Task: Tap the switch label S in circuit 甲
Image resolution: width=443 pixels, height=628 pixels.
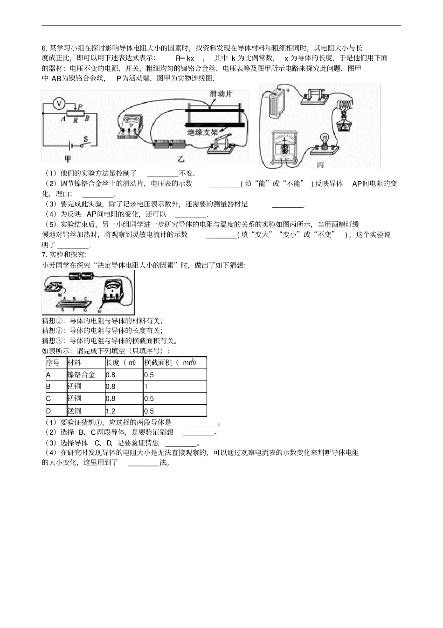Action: coord(86,139)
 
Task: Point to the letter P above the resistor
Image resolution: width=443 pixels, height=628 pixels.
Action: coord(80,107)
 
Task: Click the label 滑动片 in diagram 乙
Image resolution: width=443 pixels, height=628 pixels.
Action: coord(221,93)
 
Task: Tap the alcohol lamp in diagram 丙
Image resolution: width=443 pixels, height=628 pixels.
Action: coord(345,125)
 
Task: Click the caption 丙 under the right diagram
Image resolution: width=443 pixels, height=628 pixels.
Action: coord(320,165)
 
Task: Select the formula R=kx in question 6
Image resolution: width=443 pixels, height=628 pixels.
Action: coord(185,58)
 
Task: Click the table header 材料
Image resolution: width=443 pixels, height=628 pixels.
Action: coord(74,363)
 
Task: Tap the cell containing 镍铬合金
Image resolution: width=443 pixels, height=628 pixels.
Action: coord(81,375)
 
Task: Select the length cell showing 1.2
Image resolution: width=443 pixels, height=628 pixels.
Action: coord(111,411)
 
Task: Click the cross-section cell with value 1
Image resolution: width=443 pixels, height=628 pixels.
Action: coord(146,387)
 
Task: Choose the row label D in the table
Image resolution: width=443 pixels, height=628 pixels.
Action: coord(48,411)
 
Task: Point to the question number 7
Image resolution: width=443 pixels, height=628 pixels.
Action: coord(44,254)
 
